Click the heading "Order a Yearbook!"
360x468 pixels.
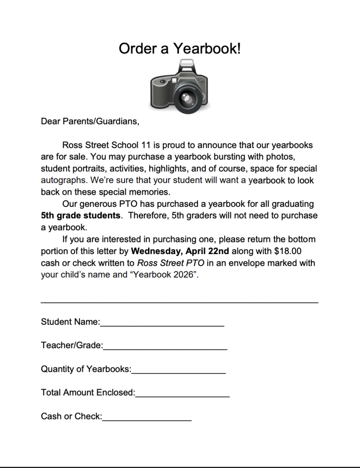(180, 48)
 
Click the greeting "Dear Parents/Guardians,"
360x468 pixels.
(90, 122)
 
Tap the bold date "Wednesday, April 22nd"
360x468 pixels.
(180, 251)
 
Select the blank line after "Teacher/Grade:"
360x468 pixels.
(165, 349)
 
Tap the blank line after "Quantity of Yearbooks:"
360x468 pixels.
(178, 373)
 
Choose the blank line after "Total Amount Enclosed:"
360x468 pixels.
(182, 396)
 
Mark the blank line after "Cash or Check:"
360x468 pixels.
(147, 419)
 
